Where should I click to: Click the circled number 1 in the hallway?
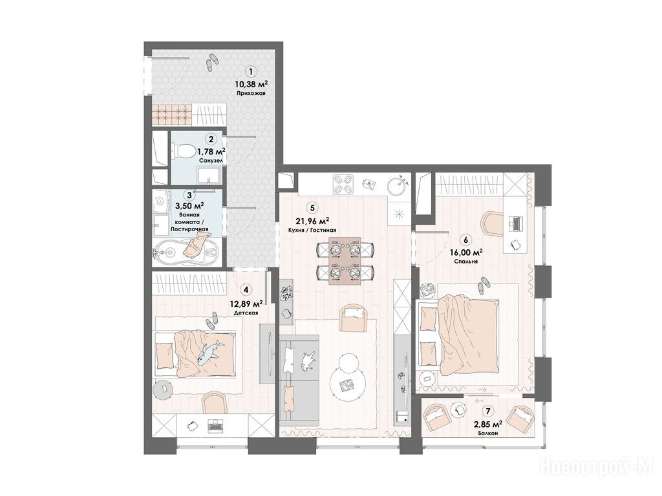pyautogui.click(x=251, y=72)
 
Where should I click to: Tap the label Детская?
pyautogui.click(x=246, y=313)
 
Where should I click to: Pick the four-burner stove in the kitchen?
pyautogui.click(x=343, y=183)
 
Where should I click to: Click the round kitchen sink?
pyautogui.click(x=398, y=185)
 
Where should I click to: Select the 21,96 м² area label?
pyautogui.click(x=312, y=221)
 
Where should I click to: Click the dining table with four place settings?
pyautogui.click(x=345, y=260)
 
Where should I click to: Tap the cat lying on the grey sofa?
pyautogui.click(x=308, y=359)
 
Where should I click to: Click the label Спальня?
pyautogui.click(x=466, y=262)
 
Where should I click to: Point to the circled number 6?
pyautogui.click(x=465, y=240)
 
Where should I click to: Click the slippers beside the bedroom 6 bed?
pyautogui.click(x=482, y=285)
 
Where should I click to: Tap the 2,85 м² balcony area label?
pyautogui.click(x=488, y=424)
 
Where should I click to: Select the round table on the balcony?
pyautogui.click(x=458, y=409)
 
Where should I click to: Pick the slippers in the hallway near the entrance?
pyautogui.click(x=211, y=61)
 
